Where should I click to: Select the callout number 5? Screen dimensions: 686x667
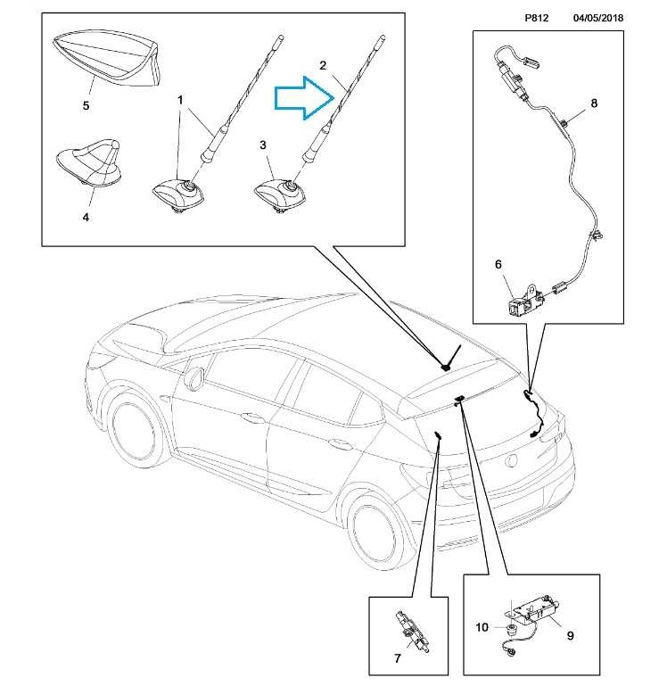click(86, 105)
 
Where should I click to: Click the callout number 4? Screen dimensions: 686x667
click(86, 216)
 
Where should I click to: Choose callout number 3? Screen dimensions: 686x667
click(263, 144)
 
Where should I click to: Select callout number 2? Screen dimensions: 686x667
click(324, 65)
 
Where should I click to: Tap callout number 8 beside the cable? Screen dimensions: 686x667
click(594, 103)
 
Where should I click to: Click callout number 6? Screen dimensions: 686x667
click(499, 265)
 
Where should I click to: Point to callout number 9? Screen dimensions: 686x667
click(569, 636)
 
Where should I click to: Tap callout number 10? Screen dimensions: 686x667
click(482, 628)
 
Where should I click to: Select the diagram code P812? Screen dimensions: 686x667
click(535, 18)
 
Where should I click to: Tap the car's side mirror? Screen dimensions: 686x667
click(194, 377)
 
